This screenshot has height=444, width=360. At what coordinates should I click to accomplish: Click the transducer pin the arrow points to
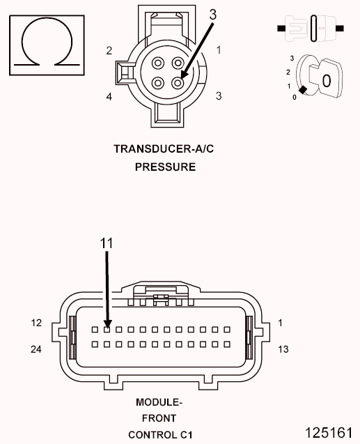(x=178, y=83)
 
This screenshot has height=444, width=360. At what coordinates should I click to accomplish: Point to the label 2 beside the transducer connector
(x=109, y=50)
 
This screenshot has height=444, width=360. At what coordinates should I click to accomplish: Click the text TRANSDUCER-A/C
(x=155, y=148)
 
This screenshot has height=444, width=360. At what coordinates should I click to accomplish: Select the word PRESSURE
(x=155, y=167)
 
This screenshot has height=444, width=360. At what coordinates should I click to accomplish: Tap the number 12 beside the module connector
(x=38, y=323)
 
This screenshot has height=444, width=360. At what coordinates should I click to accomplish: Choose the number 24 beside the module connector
(x=38, y=349)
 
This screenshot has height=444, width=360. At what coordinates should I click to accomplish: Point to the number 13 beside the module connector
(x=283, y=349)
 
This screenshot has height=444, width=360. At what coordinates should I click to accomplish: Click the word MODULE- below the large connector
(x=158, y=403)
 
